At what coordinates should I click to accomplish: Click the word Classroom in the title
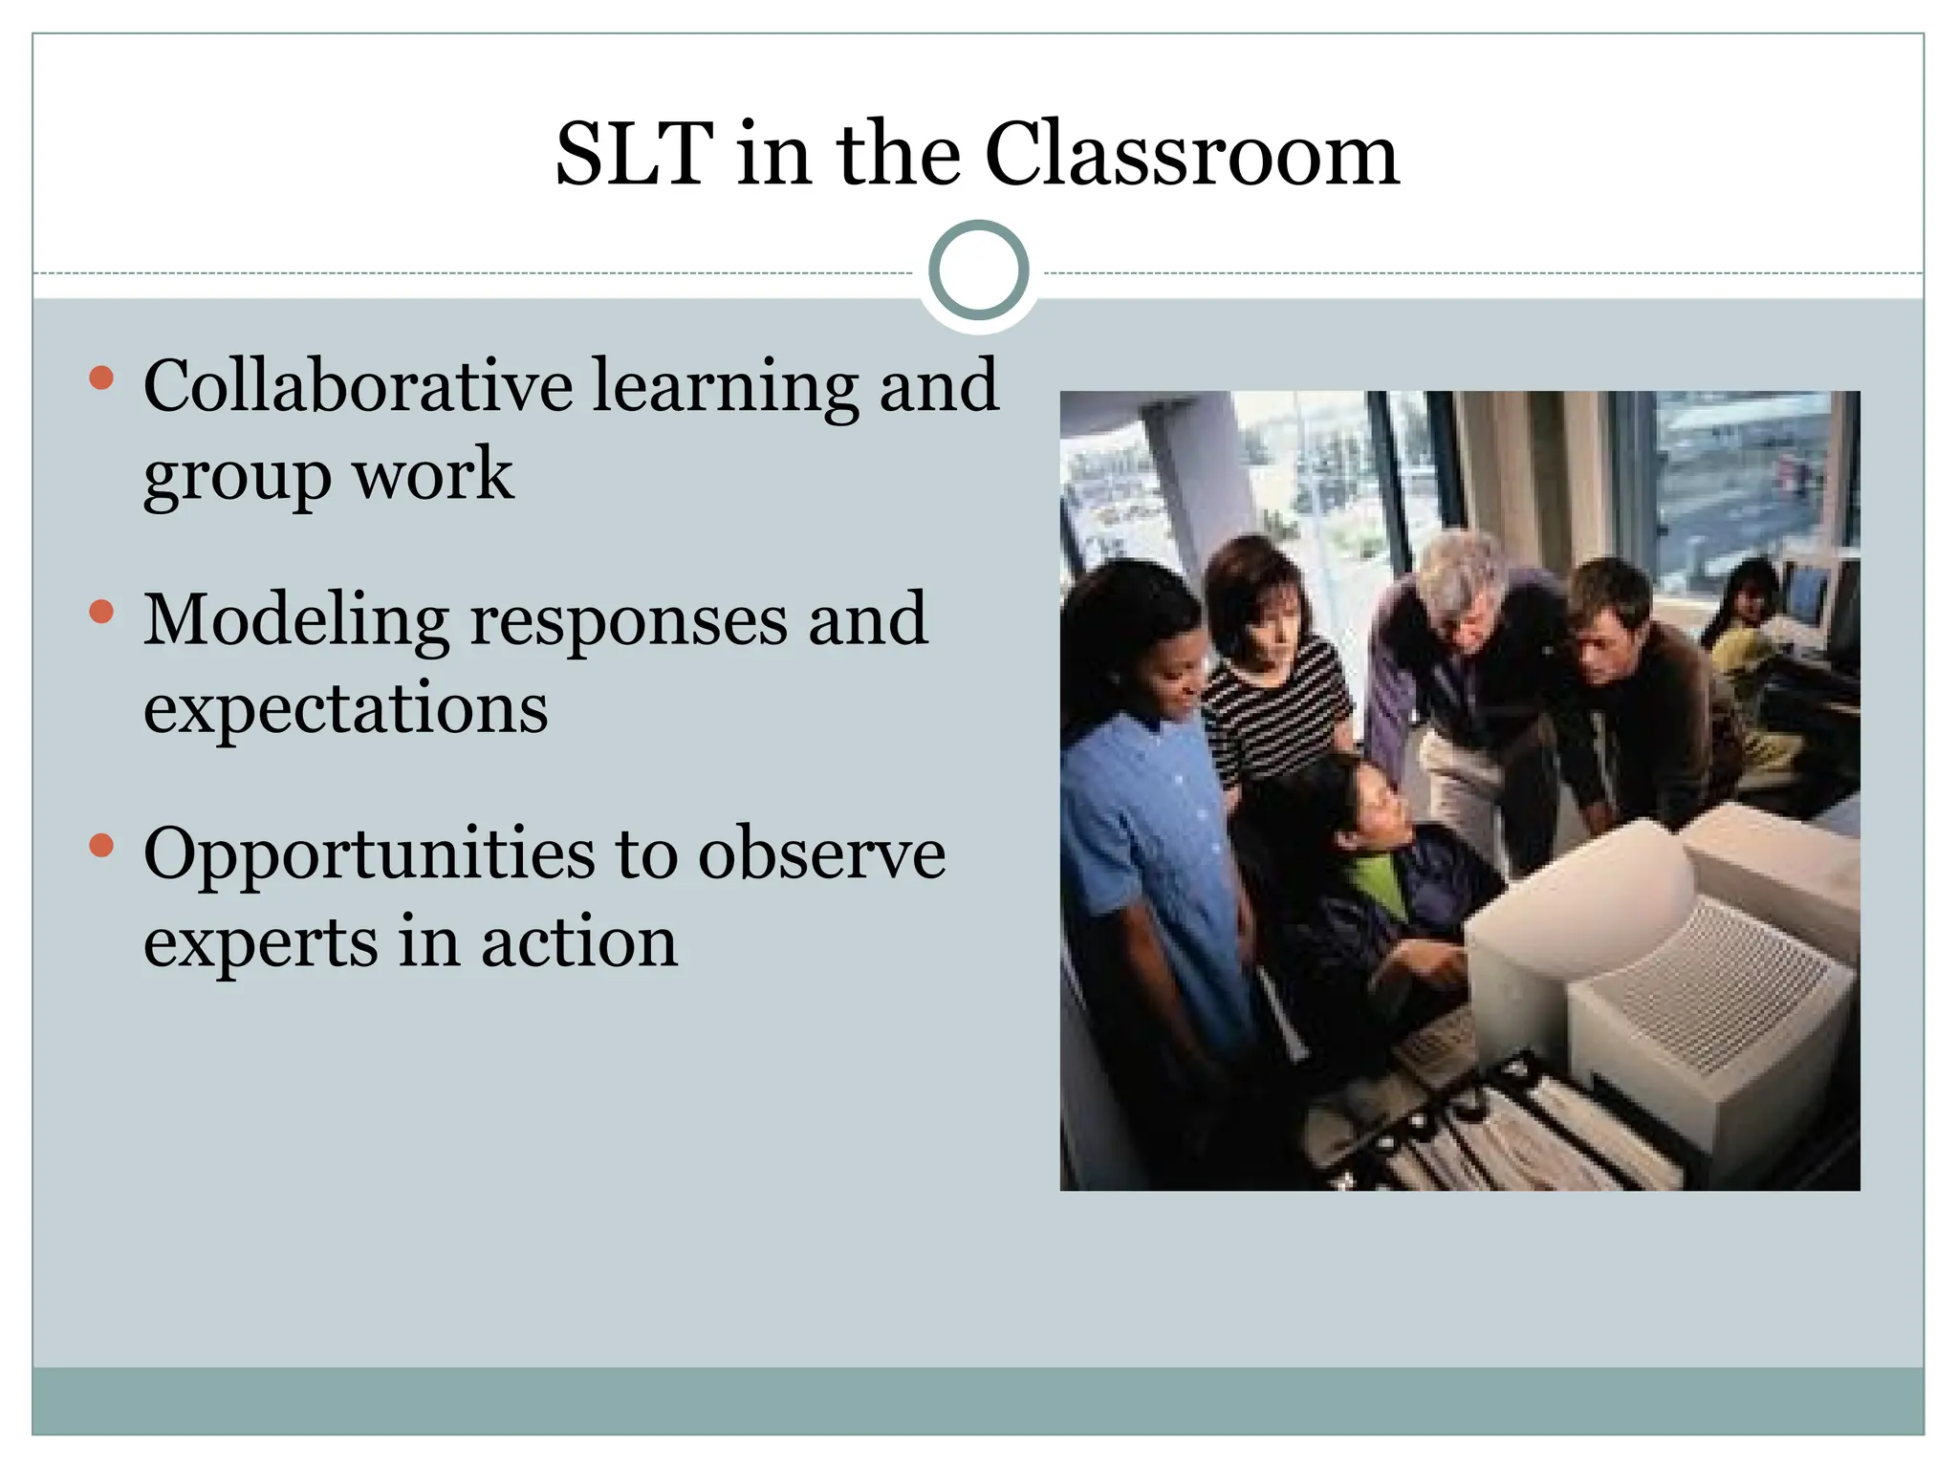(x=1191, y=155)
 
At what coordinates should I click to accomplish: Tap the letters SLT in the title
(x=634, y=155)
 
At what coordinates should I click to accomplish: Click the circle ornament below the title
(x=978, y=270)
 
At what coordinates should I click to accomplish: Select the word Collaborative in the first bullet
(x=359, y=385)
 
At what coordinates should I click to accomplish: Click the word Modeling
(x=296, y=622)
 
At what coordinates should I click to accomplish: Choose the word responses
(x=629, y=622)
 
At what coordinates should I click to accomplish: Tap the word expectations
(x=346, y=708)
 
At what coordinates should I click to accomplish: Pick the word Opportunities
(x=369, y=855)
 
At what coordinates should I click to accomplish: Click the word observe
(x=821, y=853)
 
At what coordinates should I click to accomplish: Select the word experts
(x=260, y=943)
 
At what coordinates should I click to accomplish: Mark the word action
(x=579, y=941)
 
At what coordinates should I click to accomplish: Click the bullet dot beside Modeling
(x=101, y=612)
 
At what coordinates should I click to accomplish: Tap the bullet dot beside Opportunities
(x=101, y=846)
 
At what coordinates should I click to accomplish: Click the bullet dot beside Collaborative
(x=101, y=378)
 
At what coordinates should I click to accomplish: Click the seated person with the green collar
(x=1358, y=860)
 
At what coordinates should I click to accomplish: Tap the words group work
(x=328, y=475)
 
